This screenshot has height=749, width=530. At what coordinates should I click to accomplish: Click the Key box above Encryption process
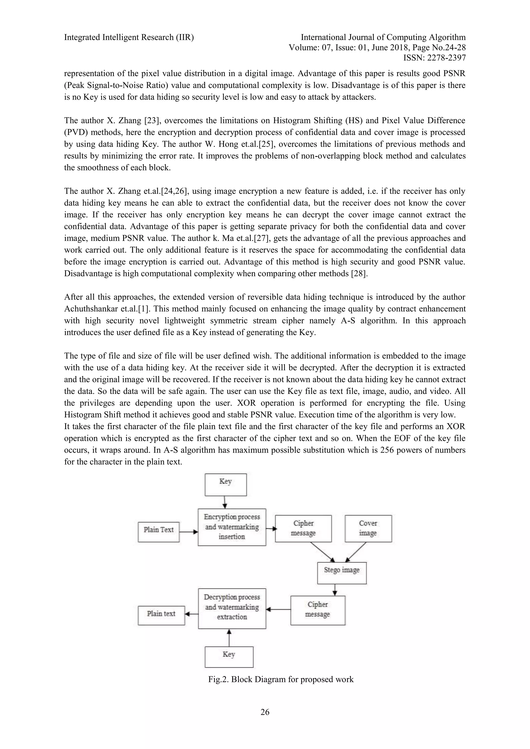tap(225, 485)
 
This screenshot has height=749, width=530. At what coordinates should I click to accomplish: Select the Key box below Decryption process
tap(229, 657)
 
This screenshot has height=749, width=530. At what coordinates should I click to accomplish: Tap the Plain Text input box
tap(159, 532)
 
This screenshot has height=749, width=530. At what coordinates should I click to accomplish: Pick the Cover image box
tap(368, 528)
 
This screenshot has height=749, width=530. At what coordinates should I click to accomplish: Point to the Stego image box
tap(342, 573)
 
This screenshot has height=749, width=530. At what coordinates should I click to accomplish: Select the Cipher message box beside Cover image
tap(303, 528)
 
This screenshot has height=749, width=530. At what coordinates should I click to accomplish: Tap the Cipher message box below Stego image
tap(318, 610)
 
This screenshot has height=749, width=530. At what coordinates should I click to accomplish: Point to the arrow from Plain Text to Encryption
tap(189, 532)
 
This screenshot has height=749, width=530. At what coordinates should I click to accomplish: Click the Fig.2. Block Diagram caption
tap(281, 679)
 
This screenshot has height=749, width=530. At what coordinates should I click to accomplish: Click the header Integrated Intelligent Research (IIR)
tap(129, 38)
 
